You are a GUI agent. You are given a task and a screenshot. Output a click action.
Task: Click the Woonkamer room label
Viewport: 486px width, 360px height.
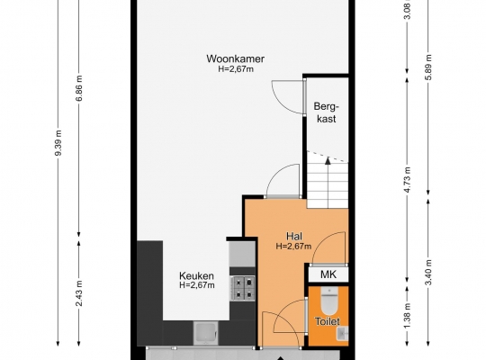(x=235, y=58)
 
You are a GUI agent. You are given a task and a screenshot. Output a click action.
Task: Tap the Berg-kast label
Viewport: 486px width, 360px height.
(x=326, y=112)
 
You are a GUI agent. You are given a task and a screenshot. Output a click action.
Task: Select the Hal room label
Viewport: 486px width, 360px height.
(x=293, y=237)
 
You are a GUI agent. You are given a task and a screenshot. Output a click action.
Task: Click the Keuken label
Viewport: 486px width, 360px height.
(x=196, y=275)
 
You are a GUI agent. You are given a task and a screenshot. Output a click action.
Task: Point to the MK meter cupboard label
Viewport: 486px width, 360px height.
(x=328, y=274)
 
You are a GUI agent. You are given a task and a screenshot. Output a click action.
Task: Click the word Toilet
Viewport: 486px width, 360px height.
(x=328, y=321)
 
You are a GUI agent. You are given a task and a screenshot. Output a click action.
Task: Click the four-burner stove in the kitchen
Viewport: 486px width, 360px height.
(x=242, y=288)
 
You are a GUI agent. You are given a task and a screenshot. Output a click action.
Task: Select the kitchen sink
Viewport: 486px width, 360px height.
(x=205, y=333)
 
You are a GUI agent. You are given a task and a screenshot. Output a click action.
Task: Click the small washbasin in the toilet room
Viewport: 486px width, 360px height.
(x=343, y=333)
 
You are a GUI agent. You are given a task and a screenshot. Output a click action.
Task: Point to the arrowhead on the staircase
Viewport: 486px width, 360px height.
(x=328, y=160)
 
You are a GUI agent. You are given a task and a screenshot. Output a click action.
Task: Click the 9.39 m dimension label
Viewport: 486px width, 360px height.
(x=58, y=143)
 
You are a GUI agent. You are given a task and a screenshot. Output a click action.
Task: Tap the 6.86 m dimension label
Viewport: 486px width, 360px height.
(x=79, y=88)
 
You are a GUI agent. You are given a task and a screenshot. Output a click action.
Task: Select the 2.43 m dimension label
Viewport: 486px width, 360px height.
(x=79, y=293)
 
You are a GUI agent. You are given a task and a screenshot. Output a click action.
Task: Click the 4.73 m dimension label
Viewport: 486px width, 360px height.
(x=408, y=179)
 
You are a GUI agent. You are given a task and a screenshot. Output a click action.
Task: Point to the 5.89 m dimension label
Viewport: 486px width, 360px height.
(x=428, y=67)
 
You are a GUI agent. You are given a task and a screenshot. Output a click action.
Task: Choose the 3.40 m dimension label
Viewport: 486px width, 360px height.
(x=428, y=272)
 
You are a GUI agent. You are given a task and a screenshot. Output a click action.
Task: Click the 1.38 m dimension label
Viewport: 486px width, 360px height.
(x=408, y=315)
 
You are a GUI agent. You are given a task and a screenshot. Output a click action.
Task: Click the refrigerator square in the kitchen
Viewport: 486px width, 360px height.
(x=242, y=254)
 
